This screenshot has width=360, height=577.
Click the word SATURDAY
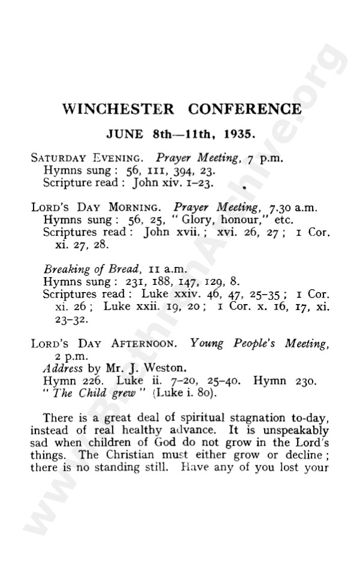59,159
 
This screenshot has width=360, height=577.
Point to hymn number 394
167,170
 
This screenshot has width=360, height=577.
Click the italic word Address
62,368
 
